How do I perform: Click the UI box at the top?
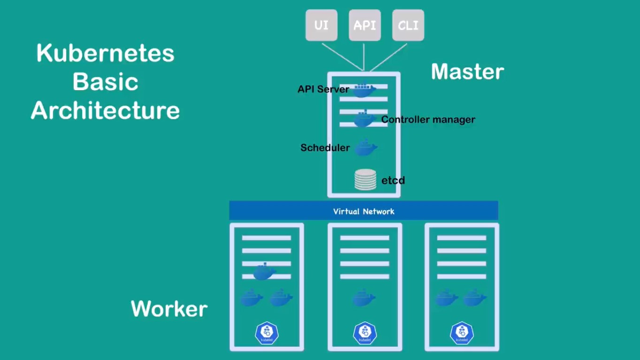(x=321, y=25)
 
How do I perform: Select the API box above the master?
(x=365, y=25)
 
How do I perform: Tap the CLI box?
(x=408, y=25)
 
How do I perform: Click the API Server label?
(x=323, y=89)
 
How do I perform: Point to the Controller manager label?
(x=428, y=120)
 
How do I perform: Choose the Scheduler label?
(x=325, y=148)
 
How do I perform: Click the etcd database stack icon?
(x=365, y=180)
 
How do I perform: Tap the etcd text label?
(x=393, y=181)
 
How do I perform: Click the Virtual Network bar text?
(x=364, y=212)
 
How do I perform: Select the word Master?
(x=467, y=72)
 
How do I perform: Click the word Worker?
(x=169, y=309)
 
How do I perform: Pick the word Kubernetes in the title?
(x=106, y=54)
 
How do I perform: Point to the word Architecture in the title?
(x=106, y=111)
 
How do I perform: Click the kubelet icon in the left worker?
(x=267, y=333)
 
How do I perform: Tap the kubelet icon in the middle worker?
(x=365, y=333)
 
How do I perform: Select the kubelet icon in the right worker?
(x=462, y=333)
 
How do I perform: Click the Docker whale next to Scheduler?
(x=366, y=148)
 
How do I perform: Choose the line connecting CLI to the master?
(x=389, y=57)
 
